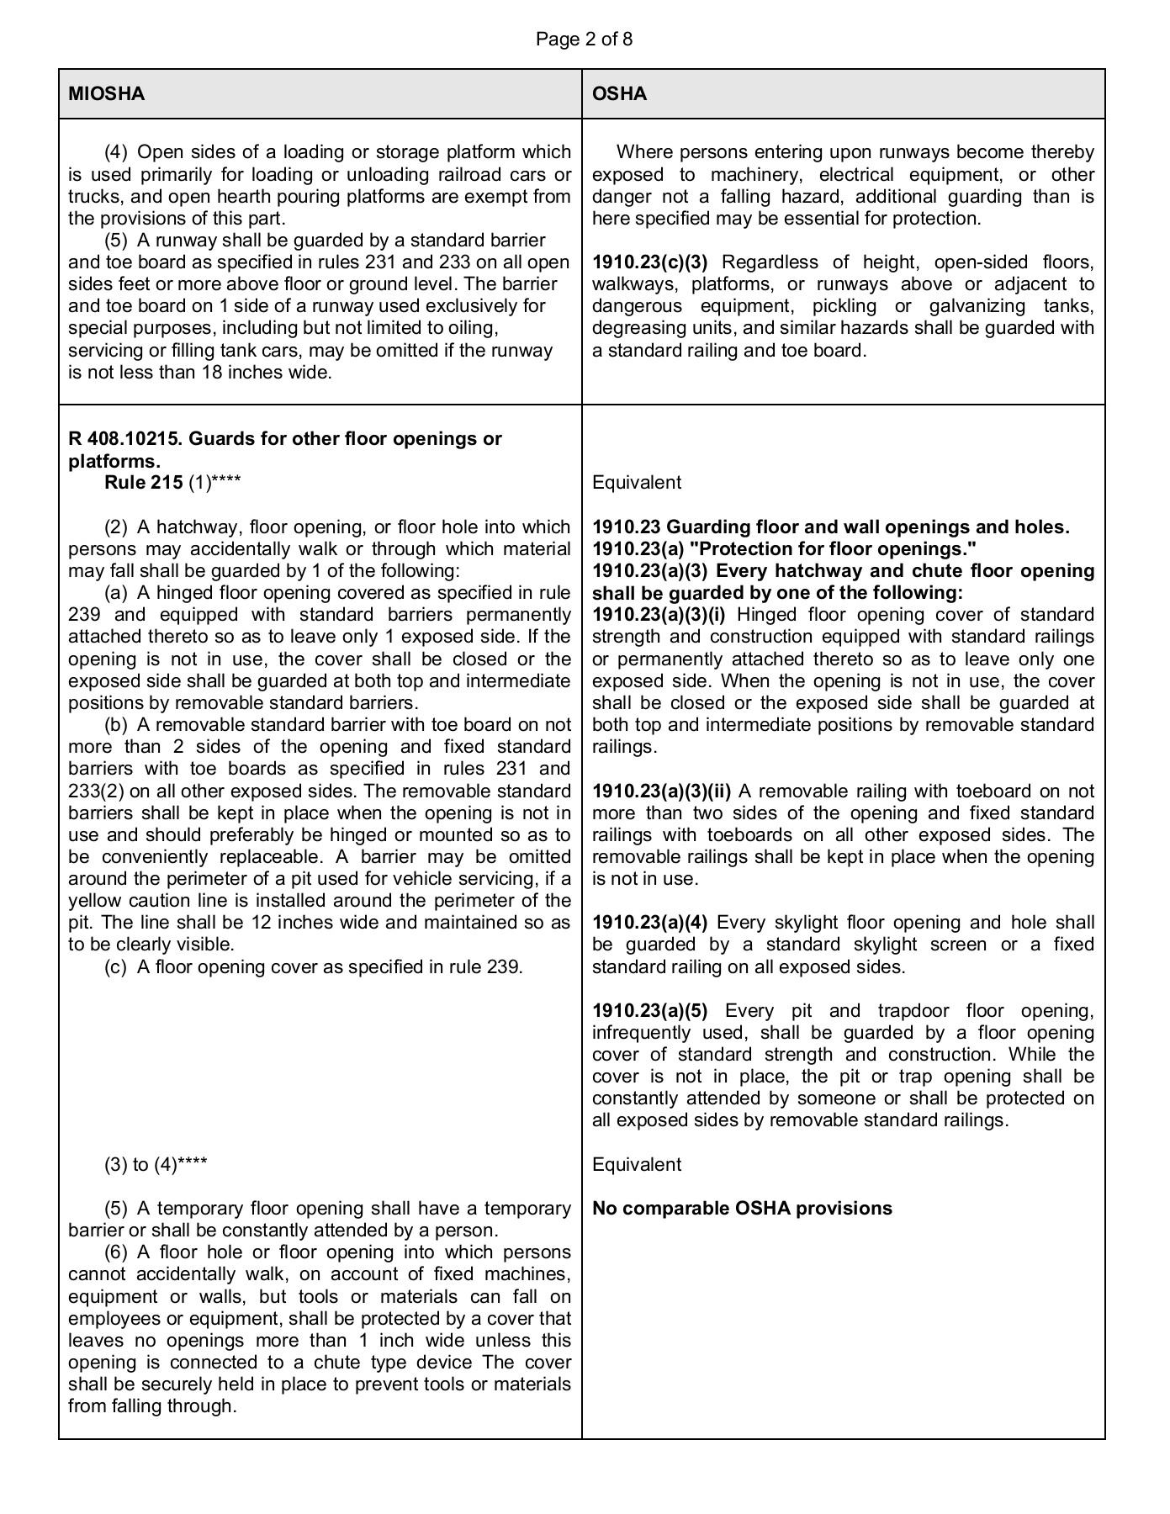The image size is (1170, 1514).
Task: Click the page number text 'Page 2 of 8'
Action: click(584, 39)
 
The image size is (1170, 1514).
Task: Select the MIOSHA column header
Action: click(106, 93)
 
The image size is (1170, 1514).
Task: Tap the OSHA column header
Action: click(619, 93)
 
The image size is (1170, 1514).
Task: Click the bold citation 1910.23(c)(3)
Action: click(649, 262)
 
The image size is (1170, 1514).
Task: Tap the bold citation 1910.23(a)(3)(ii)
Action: click(661, 791)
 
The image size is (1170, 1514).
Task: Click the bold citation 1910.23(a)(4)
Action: click(649, 923)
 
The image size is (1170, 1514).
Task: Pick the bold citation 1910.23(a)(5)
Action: click(649, 1010)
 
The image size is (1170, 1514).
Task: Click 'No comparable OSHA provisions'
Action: click(741, 1209)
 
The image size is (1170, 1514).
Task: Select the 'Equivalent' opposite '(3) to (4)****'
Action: click(637, 1165)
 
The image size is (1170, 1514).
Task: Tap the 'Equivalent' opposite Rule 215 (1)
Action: click(637, 483)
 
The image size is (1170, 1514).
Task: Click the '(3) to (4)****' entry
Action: click(156, 1165)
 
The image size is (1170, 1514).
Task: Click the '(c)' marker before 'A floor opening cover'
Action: click(116, 967)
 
